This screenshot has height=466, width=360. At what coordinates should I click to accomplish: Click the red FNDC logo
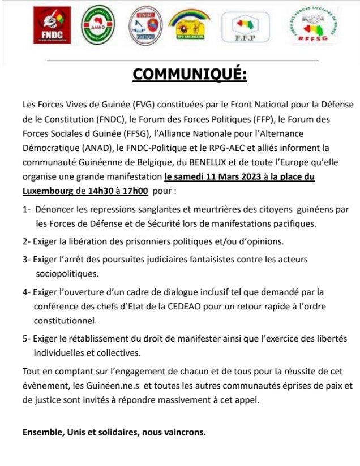pyautogui.click(x=52, y=25)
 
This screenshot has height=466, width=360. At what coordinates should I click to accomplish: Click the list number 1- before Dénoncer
pyautogui.click(x=27, y=209)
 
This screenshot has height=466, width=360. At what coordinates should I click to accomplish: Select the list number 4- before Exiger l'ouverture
pyautogui.click(x=27, y=292)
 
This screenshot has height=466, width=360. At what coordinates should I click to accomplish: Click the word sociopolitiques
pyautogui.click(x=67, y=274)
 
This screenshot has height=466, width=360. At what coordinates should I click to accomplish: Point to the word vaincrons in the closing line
pyautogui.click(x=187, y=433)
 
